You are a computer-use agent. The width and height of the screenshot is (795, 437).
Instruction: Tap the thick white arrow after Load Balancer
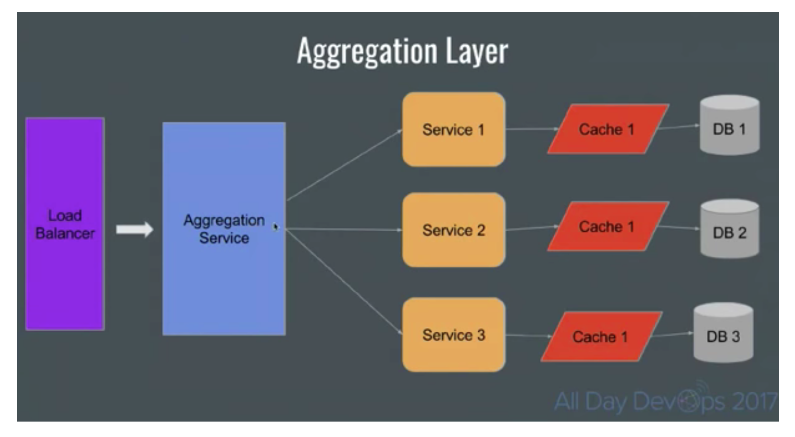(134, 229)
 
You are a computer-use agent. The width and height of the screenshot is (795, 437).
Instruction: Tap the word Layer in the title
(477, 52)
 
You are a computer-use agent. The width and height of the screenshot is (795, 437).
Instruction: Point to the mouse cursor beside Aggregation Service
(275, 226)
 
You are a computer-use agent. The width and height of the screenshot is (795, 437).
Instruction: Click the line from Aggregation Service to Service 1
(344, 165)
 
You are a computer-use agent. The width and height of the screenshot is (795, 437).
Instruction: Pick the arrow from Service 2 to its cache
(531, 228)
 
